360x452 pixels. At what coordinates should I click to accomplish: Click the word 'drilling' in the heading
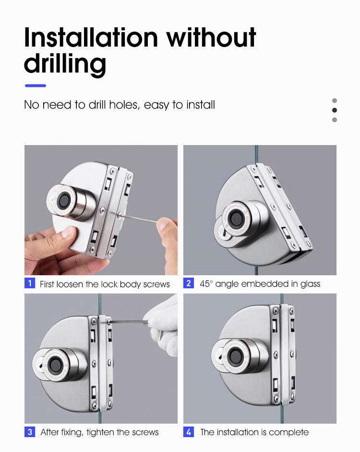click(x=65, y=64)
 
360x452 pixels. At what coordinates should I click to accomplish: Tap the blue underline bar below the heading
click(x=36, y=86)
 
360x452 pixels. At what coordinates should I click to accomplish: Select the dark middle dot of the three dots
click(x=335, y=110)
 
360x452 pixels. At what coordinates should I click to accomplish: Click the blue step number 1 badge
click(x=30, y=283)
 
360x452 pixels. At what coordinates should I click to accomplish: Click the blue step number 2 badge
click(x=189, y=283)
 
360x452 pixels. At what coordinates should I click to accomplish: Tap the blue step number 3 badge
click(x=30, y=432)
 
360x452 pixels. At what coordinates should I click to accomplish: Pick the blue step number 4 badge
click(x=189, y=432)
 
